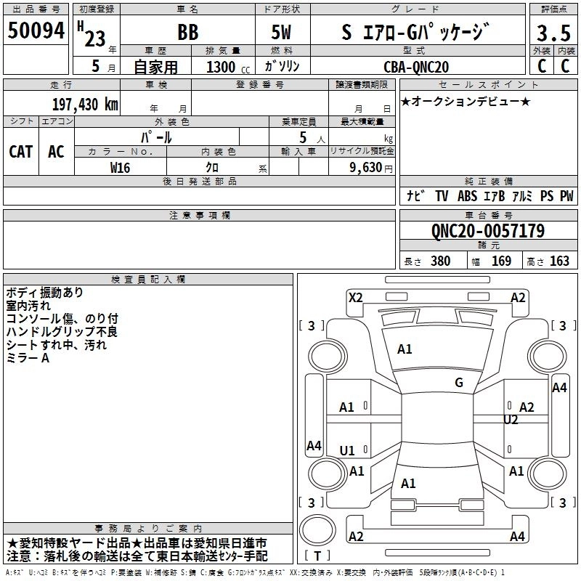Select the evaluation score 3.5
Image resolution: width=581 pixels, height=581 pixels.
pyautogui.click(x=552, y=33)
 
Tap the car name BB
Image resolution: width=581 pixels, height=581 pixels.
pyautogui.click(x=187, y=33)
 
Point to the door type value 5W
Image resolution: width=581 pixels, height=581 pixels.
pyautogui.click(x=282, y=33)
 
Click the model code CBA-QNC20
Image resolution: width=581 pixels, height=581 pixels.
pyautogui.click(x=416, y=67)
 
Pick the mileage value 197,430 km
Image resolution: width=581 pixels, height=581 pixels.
pyautogui.click(x=85, y=104)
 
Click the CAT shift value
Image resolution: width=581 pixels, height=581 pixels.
pyautogui.click(x=20, y=152)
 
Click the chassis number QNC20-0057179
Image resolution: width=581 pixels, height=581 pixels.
pyautogui.click(x=487, y=231)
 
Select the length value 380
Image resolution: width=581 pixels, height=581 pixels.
pyautogui.click(x=440, y=261)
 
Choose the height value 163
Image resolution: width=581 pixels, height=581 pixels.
pyautogui.click(x=559, y=261)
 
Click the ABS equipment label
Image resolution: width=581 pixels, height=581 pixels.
pyautogui.click(x=468, y=196)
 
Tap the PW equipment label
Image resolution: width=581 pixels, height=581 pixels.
pyautogui.click(x=566, y=196)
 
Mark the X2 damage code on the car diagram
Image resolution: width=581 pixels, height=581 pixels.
pyautogui.click(x=355, y=297)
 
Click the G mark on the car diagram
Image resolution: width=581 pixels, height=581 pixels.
pyautogui.click(x=458, y=383)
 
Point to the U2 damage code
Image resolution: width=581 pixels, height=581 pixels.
pyautogui.click(x=511, y=420)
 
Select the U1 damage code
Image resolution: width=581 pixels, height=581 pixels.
pyautogui.click(x=347, y=450)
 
